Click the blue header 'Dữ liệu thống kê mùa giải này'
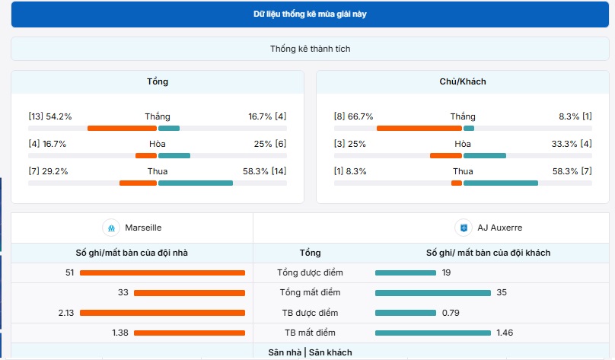coord(310,14)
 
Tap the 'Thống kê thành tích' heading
coord(310,49)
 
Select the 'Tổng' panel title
coord(158,81)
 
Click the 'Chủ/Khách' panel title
coord(463,81)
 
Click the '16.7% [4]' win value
coord(267,116)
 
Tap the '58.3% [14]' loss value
coord(264,171)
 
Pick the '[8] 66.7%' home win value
coord(354,116)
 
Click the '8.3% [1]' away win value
coord(575,116)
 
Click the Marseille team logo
coord(112,228)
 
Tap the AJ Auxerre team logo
coord(462,228)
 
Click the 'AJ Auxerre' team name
coord(500,228)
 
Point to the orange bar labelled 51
coord(162,272)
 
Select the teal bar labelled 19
coord(405,272)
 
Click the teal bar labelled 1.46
coord(432,333)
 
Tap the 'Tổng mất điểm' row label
coord(310,292)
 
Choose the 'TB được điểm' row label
coord(310,313)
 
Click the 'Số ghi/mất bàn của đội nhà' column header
coord(132,253)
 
